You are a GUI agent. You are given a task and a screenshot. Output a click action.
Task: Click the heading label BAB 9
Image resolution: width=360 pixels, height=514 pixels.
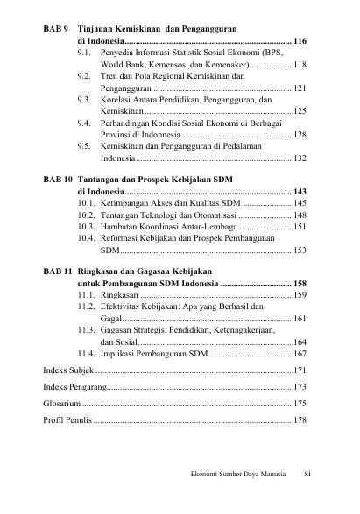click(x=56, y=29)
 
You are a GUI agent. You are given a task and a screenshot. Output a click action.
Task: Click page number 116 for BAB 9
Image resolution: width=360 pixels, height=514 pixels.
click(x=300, y=41)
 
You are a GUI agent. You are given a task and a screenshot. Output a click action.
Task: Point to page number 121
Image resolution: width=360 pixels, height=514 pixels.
click(x=300, y=88)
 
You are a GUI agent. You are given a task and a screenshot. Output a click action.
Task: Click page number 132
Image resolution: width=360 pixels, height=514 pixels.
click(x=300, y=159)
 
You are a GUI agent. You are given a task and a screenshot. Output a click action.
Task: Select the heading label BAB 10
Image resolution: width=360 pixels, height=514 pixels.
click(x=58, y=179)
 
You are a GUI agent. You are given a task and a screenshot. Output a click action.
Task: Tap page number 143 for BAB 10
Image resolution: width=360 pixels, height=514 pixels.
click(x=300, y=191)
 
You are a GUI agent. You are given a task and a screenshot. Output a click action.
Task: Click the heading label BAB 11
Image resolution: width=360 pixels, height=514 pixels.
click(x=58, y=271)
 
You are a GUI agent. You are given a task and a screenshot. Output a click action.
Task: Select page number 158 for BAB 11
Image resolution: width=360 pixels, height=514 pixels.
click(x=300, y=284)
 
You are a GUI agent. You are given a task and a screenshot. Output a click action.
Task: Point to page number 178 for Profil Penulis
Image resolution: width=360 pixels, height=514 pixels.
click(x=300, y=420)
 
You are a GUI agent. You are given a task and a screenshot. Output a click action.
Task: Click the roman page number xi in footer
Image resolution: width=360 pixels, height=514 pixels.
click(x=307, y=475)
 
